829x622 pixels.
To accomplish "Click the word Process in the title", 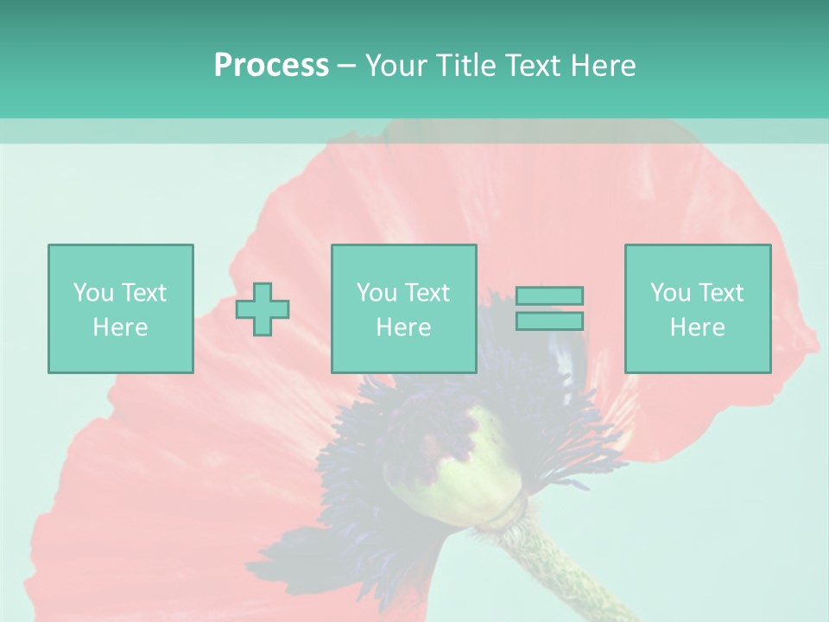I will coord(271,66).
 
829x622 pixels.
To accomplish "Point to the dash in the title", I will coord(346,66).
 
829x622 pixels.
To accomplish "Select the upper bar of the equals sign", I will coord(549,296).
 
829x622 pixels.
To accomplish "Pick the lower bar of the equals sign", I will coord(549,321).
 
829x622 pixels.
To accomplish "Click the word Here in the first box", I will coord(120,327).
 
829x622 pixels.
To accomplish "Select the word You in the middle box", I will coord(377,293).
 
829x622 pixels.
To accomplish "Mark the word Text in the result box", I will coord(719,293).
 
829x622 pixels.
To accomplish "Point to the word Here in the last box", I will coord(697,327).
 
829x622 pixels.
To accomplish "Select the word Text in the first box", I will coord(142,293).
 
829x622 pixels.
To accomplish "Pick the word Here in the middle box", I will coord(403,327).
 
